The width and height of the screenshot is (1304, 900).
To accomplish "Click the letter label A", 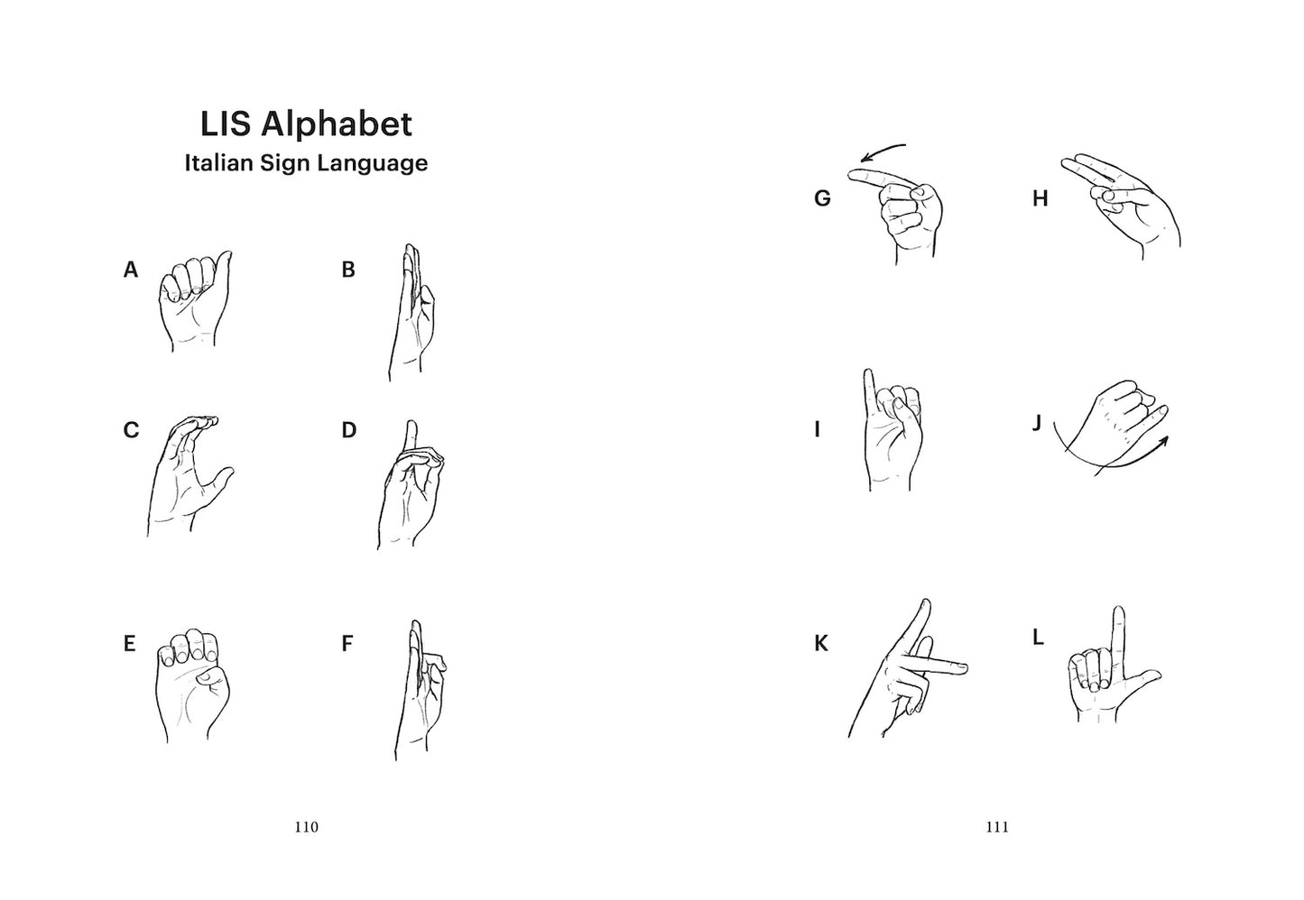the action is coord(131,270).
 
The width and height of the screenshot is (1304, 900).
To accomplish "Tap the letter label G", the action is coord(822,198).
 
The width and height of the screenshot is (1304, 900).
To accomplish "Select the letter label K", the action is coord(821,644).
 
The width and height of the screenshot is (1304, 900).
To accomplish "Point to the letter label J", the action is coord(1036,423).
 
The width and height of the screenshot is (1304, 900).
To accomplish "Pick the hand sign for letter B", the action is coord(412,312).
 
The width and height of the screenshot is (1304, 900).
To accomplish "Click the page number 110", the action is coord(306,827).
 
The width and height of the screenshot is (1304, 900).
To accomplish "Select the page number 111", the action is coord(997,827).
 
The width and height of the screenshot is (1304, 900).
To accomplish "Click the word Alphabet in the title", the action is coord(337,124).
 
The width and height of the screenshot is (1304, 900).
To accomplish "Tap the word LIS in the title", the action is coord(226,124).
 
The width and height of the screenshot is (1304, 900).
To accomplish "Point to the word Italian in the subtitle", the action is coord(219,162).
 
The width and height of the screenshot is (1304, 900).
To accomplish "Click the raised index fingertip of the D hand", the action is coord(412,424).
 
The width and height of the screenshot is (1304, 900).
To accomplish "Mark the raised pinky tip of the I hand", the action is coord(868,372).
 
